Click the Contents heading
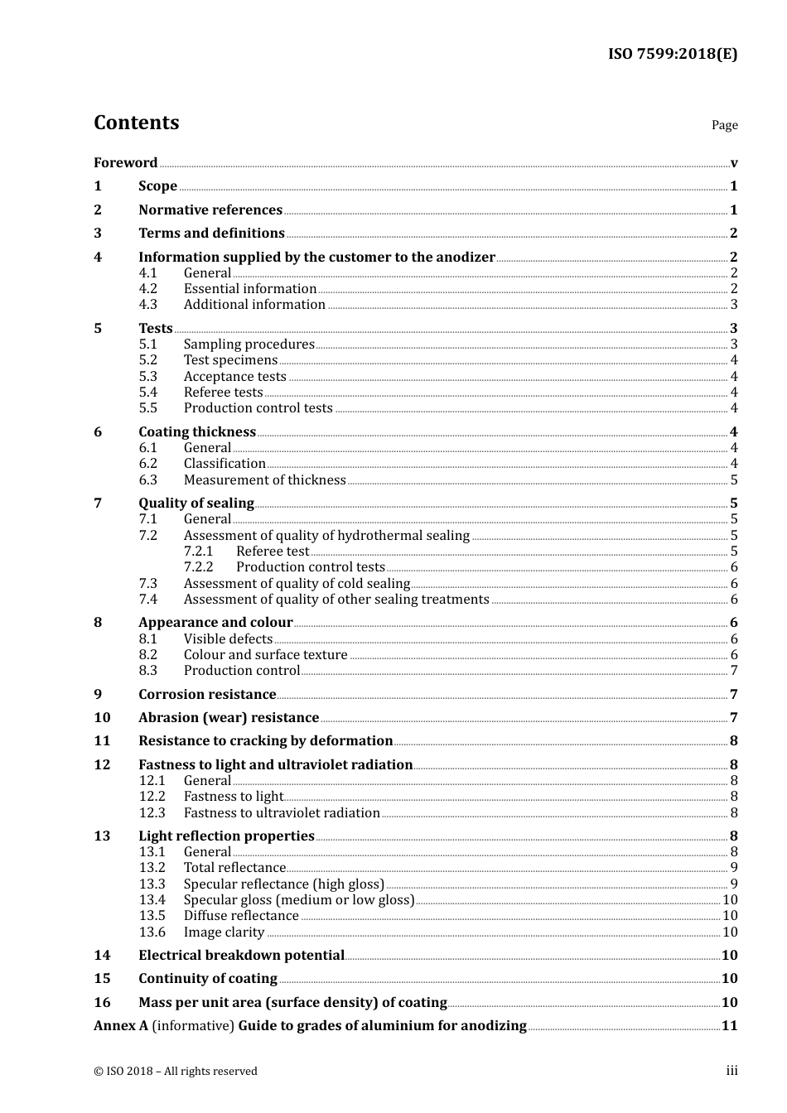pos(136,123)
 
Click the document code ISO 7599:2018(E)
pos(672,54)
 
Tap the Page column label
pos(724,125)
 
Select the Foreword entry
pos(125,162)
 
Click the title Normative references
pos(210,210)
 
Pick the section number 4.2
pos(147,288)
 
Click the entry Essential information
pos(250,288)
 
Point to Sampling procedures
pos(249,344)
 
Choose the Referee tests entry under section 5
pos(223,392)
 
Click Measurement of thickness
pos(265,479)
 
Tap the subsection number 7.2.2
pos(198,566)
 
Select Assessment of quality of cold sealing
pos(297,583)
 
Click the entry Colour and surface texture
pos(265,654)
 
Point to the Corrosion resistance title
pos(207,694)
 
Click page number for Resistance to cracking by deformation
pos(733,740)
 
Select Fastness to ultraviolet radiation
pos(282,812)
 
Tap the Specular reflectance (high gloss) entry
pos(284,884)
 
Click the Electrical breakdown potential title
pos(241,955)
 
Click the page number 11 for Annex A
pos(729,1025)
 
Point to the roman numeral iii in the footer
pos(731,1071)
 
